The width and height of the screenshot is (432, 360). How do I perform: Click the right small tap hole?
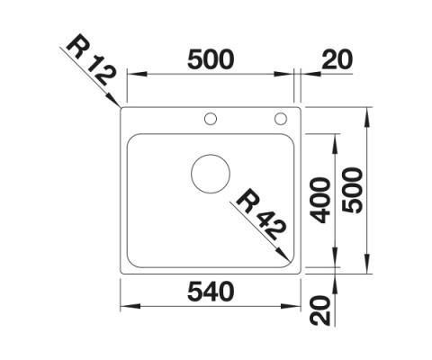coord(280,118)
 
